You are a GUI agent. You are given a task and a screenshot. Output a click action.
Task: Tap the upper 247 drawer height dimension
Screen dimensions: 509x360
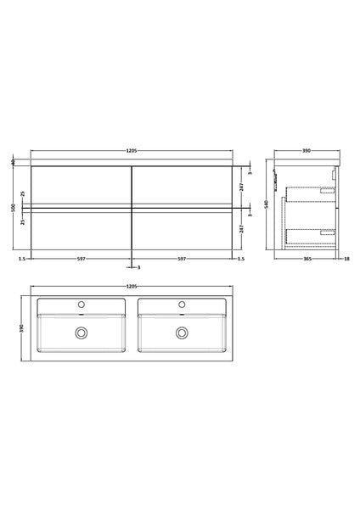click(243, 185)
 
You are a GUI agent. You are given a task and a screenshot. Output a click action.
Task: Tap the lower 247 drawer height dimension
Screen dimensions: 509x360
click(243, 228)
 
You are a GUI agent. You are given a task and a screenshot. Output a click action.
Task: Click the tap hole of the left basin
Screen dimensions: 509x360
click(82, 303)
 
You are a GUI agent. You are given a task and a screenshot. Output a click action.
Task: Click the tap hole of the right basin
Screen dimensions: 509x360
click(181, 303)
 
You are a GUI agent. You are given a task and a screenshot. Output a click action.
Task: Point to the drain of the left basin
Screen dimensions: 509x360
click(82, 333)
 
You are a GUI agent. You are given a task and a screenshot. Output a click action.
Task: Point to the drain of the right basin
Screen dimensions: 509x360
click(181, 333)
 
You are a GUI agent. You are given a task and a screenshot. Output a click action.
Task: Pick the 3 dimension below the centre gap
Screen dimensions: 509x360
click(138, 267)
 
